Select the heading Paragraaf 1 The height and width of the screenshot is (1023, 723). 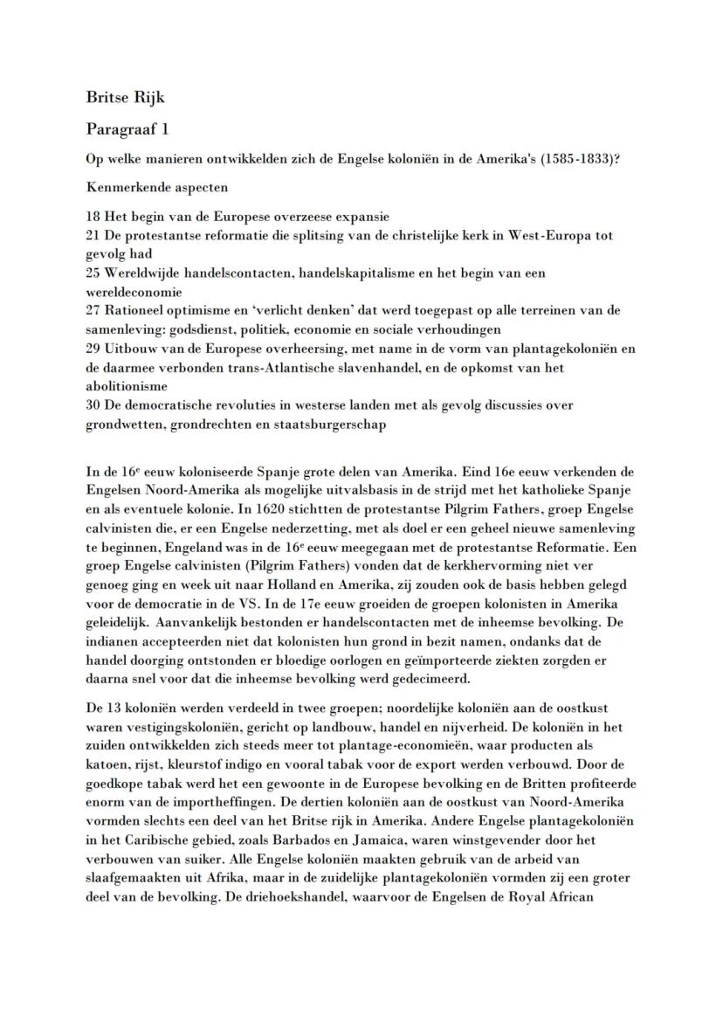[x=127, y=129]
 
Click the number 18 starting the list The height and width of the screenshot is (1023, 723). [x=94, y=216]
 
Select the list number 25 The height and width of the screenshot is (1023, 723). [x=94, y=273]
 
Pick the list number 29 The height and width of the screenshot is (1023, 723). [x=94, y=349]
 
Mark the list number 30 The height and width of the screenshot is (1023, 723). [x=94, y=405]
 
